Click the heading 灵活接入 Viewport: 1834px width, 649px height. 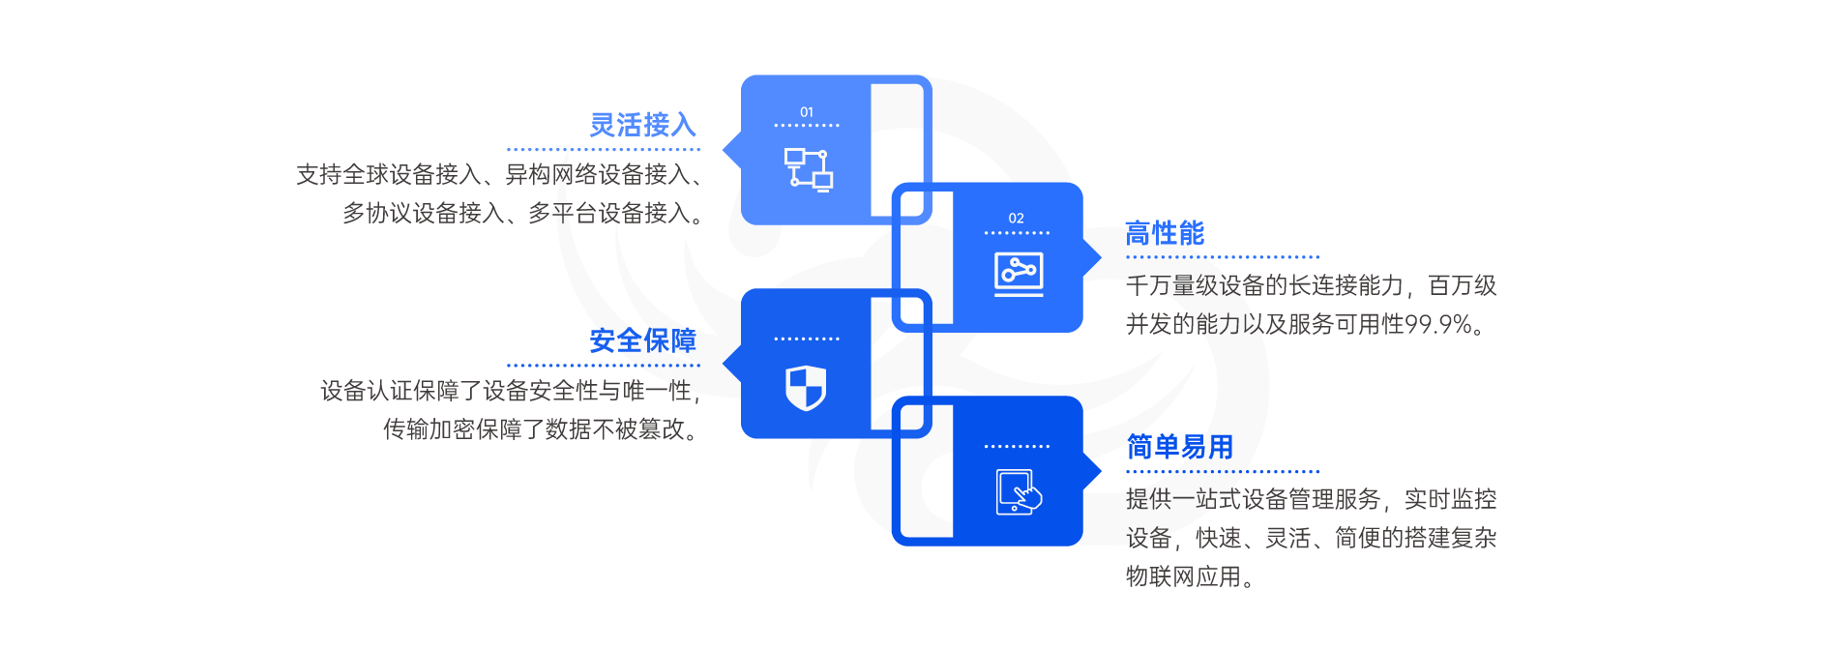[642, 125]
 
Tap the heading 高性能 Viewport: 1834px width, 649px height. [1165, 233]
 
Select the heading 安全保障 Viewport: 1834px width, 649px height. [642, 340]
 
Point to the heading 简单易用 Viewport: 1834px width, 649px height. [1179, 447]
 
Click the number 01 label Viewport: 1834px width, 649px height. [807, 112]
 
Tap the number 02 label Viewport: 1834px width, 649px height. [1016, 219]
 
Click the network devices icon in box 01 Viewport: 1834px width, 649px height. [808, 168]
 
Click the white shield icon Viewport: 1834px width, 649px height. [806, 388]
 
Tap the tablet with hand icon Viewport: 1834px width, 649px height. [1019, 492]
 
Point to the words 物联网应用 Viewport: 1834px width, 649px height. [1183, 576]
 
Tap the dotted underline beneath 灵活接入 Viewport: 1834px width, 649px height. [603, 150]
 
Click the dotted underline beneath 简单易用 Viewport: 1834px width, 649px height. [1222, 472]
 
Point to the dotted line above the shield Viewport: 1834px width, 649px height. [807, 339]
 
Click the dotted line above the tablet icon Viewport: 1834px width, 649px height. [1017, 447]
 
